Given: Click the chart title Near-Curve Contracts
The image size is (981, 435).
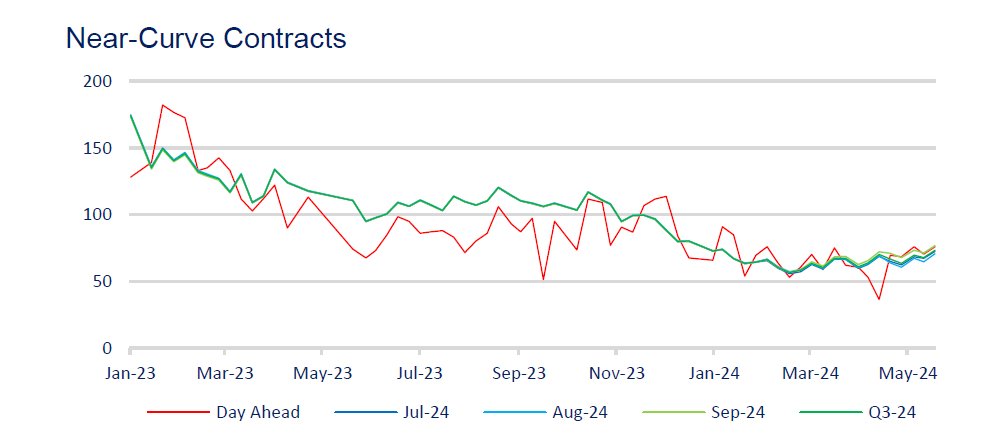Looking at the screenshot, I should pyautogui.click(x=205, y=39).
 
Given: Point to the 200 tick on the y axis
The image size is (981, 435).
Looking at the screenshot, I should pyautogui.click(x=99, y=81).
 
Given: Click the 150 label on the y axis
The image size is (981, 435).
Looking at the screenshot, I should pyautogui.click(x=99, y=148).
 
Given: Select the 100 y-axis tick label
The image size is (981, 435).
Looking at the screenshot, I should pyautogui.click(x=99, y=215).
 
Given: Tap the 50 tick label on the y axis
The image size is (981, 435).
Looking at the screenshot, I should pyautogui.click(x=103, y=282).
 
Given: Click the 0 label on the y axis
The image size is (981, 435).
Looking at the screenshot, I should pyautogui.click(x=107, y=348).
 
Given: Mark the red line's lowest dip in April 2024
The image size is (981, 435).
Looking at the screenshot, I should pyautogui.click(x=879, y=299).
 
